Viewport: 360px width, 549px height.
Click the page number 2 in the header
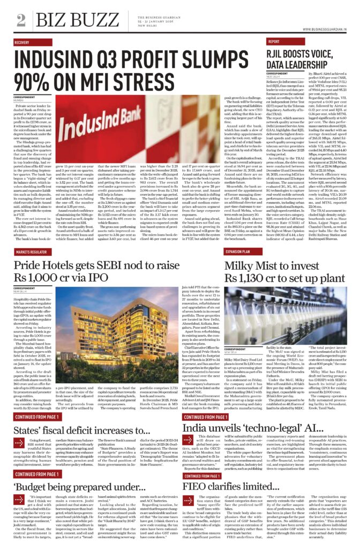pyautogui.click(x=21, y=20)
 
